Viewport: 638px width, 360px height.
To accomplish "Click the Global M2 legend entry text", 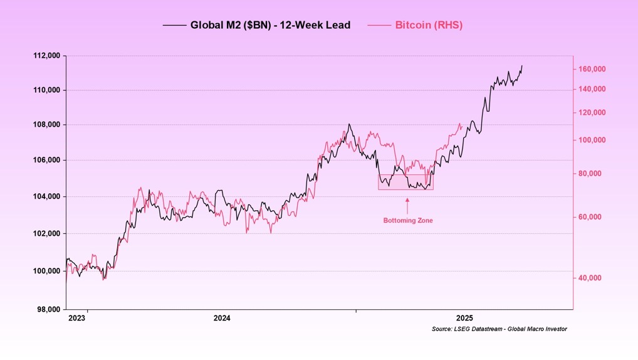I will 270,26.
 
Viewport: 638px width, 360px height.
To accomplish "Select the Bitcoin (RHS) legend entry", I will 428,26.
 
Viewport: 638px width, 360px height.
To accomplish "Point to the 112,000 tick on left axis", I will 46,56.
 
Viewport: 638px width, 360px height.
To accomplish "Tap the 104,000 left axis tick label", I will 46,197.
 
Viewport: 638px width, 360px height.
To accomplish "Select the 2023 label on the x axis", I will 76,319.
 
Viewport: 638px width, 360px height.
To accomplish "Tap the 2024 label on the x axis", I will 221,319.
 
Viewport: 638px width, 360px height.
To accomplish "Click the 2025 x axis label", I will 464,319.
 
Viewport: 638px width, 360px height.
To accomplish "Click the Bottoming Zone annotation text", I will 408,221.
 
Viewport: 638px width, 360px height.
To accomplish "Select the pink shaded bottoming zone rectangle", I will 405,183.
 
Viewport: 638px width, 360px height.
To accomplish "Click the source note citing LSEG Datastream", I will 499,329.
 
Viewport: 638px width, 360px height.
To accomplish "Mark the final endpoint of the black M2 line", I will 522,66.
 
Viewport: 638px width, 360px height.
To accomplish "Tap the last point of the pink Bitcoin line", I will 462,124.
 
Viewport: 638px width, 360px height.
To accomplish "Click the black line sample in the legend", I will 174,26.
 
